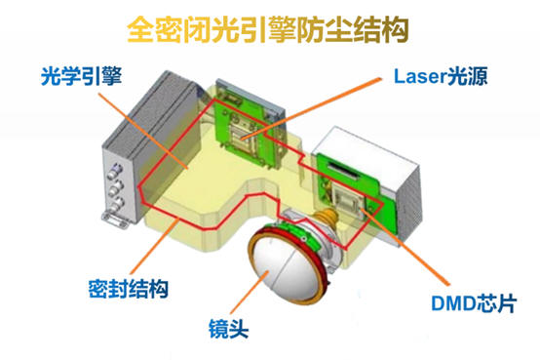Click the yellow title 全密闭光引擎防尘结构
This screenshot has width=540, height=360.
[x=268, y=29]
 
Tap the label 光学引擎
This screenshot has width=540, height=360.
[x=81, y=76]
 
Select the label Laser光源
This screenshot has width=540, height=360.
[x=441, y=76]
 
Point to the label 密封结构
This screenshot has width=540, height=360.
[x=129, y=289]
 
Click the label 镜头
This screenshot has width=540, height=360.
[x=228, y=329]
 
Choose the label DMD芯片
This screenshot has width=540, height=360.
[x=474, y=303]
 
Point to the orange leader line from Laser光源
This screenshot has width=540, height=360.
[x=311, y=108]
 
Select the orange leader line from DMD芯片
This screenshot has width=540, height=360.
[x=406, y=246]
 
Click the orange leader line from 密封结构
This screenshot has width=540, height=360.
[x=154, y=247]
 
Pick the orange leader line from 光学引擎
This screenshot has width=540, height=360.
[x=143, y=131]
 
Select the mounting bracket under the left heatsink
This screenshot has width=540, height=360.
[x=115, y=220]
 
